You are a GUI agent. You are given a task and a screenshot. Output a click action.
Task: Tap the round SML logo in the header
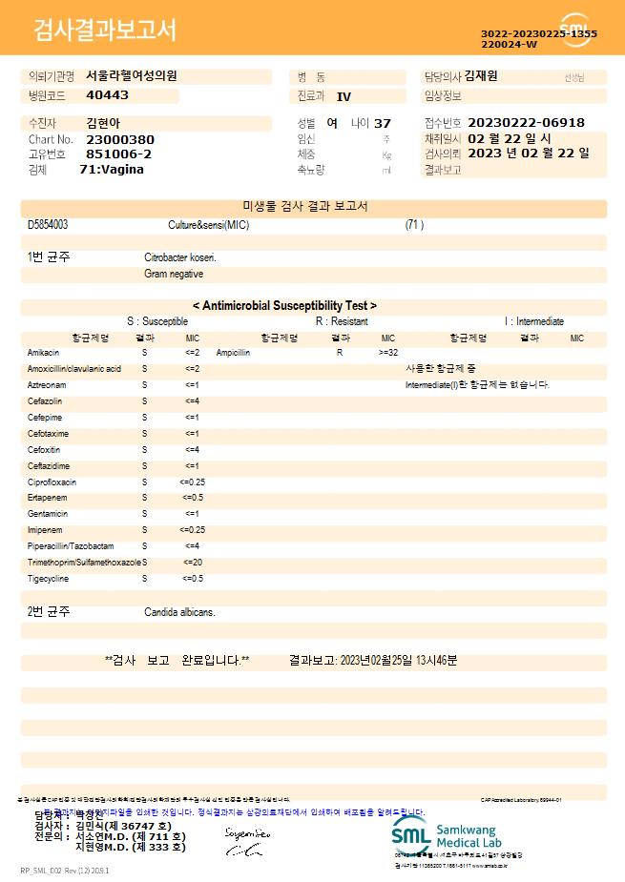575,30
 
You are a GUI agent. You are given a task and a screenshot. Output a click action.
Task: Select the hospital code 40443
107,95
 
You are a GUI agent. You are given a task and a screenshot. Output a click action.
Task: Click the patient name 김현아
104,123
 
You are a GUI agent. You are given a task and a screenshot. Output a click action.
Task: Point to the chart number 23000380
119,139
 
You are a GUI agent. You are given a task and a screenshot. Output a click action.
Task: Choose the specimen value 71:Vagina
112,170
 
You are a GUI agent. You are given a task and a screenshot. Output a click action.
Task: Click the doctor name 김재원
480,76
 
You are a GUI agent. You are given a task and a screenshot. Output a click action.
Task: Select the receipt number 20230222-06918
526,123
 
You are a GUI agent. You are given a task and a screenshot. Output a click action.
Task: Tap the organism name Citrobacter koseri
180,257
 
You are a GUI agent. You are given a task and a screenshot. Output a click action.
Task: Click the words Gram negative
174,274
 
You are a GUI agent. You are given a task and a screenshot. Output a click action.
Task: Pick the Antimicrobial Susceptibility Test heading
284,306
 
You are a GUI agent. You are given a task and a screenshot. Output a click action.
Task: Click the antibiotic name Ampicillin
233,353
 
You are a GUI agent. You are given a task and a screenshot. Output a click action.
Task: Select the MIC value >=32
388,353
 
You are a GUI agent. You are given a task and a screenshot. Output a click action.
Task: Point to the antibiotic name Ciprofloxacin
52,482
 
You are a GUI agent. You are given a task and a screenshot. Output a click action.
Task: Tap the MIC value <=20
192,563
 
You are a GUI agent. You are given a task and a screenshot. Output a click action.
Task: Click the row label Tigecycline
49,579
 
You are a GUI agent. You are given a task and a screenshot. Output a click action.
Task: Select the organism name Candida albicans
179,612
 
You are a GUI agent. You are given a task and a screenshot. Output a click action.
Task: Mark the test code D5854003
48,225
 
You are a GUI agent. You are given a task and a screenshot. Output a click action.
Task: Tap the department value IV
344,96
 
